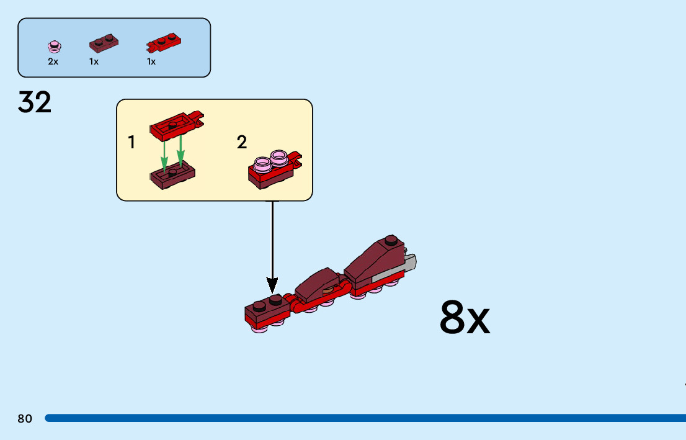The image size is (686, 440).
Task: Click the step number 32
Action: pos(35,102)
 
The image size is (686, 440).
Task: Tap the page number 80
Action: pos(25,419)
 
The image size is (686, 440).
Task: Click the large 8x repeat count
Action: pos(465,318)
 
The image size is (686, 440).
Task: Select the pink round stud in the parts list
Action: pos(55,46)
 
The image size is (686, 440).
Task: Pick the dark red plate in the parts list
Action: pos(104,43)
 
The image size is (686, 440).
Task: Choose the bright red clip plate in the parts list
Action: pos(164,43)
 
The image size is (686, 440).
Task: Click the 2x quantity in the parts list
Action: pos(53,62)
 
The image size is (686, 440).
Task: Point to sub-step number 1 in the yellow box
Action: pos(131,143)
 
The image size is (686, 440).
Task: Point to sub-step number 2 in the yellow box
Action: pos(242,143)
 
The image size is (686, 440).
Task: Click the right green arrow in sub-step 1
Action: pos(180,153)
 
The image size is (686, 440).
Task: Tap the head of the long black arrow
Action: pos(272,286)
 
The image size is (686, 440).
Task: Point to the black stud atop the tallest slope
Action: pos(390,240)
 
